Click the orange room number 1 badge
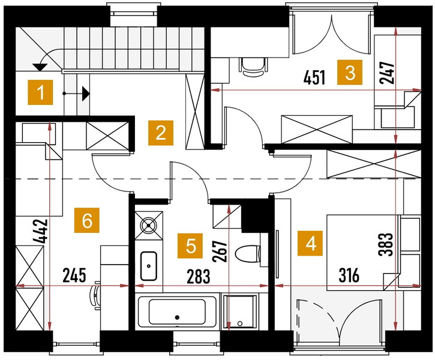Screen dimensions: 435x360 [x=40, y=92]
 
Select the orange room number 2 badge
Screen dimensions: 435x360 [x=161, y=133]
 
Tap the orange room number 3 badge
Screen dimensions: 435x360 [x=350, y=72]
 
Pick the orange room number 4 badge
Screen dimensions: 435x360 [x=310, y=243]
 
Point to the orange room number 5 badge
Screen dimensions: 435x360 [x=190, y=246]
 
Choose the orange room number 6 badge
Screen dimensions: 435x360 [x=87, y=220]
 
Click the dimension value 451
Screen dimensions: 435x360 [x=314, y=77]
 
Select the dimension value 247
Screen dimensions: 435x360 [x=387, y=73]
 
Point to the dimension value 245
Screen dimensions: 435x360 [x=74, y=275]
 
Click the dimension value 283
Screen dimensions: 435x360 [x=199, y=277]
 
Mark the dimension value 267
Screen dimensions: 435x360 [x=220, y=251]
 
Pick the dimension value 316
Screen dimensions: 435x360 [x=349, y=275]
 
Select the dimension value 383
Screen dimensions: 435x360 [x=386, y=244]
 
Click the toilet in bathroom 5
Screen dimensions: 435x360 [x=248, y=253]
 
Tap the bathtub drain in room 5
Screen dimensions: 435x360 [x=177, y=317]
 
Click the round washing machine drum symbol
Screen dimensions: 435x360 [x=149, y=225]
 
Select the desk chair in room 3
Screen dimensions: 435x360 [x=253, y=67]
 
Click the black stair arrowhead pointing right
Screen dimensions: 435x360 [x=86, y=94]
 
